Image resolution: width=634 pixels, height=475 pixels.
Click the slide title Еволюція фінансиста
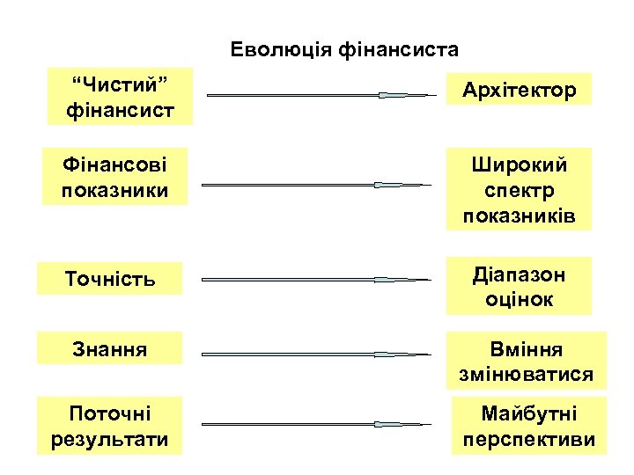[344, 48]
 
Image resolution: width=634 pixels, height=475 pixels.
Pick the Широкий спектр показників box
[518, 190]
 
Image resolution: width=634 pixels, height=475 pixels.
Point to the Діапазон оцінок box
[518, 287]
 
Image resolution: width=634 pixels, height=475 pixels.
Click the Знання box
[110, 349]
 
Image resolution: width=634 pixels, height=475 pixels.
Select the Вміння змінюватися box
[526, 362]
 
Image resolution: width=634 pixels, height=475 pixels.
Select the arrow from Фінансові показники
[317, 185]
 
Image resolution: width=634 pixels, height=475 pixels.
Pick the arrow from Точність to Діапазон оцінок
[317, 280]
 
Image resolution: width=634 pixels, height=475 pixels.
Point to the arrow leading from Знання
[317, 354]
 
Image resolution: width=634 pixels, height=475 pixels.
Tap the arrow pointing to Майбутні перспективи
[317, 425]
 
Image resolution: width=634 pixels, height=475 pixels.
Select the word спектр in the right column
[518, 190]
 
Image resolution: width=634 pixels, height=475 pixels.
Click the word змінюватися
[526, 375]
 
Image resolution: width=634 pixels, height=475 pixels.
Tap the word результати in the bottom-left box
[110, 438]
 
